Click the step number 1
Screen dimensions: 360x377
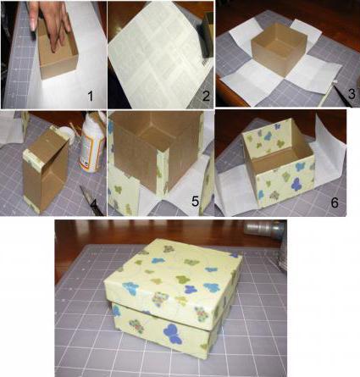(x=90, y=97)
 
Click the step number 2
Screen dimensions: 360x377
(x=206, y=97)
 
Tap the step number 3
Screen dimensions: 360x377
(x=352, y=94)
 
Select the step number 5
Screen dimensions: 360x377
(x=195, y=202)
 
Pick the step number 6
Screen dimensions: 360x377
(x=335, y=202)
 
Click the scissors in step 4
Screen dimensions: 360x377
(x=91, y=200)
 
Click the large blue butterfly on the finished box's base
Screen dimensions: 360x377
(x=172, y=334)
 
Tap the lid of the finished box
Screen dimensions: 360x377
(x=173, y=282)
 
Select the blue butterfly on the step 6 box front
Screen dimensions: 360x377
(x=295, y=184)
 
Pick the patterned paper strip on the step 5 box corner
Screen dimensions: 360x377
(x=163, y=172)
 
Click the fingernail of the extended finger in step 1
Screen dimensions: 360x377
(x=33, y=25)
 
